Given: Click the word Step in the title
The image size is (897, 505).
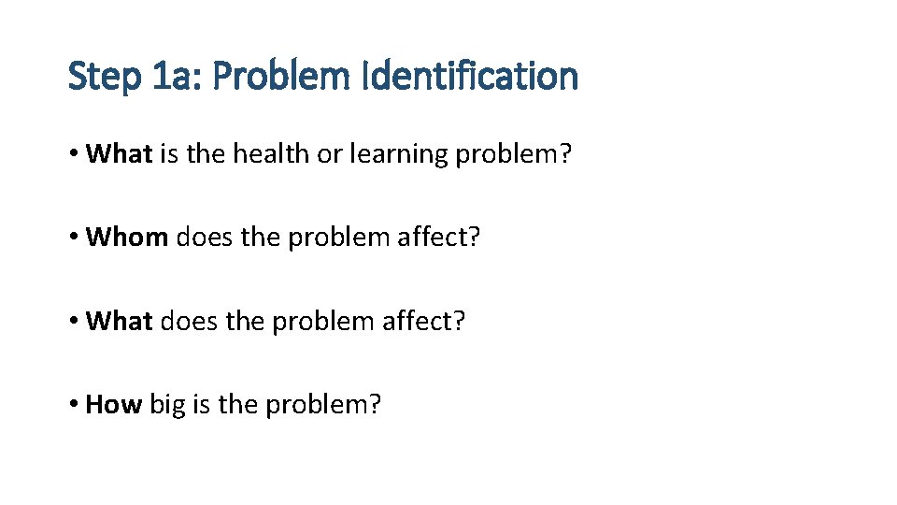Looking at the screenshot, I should click(104, 76).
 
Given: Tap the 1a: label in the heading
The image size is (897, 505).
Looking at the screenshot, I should click(178, 76).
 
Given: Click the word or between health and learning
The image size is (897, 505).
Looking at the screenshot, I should click(330, 154).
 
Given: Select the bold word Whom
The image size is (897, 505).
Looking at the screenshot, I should click(127, 238).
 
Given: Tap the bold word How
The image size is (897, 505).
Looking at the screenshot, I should click(113, 405).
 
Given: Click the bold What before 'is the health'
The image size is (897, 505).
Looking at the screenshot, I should click(119, 153).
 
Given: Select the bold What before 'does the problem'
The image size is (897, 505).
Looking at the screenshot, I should click(119, 322).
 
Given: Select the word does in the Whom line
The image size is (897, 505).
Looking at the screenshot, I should click(205, 238).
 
